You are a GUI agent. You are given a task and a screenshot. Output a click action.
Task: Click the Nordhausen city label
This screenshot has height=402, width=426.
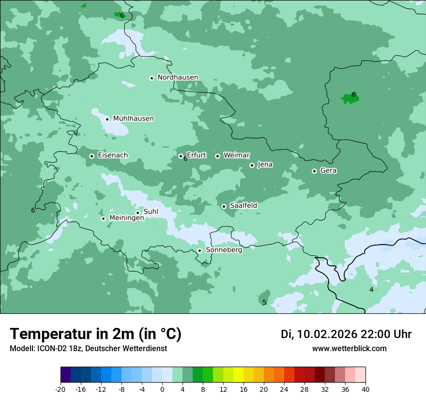[x=178, y=77]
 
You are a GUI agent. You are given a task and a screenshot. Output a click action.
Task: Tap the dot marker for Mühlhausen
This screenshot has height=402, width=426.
[x=107, y=119]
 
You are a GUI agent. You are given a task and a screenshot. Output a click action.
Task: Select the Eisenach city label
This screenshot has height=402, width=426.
[x=113, y=155]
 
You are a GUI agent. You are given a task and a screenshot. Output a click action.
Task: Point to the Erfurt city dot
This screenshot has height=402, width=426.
[x=181, y=156]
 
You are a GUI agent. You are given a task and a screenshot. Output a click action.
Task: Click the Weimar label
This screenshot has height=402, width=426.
[x=236, y=155]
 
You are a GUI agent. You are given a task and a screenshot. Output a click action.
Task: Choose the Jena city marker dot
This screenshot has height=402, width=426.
[x=252, y=165]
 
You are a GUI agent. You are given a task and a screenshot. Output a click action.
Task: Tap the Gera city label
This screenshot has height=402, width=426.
[x=328, y=170]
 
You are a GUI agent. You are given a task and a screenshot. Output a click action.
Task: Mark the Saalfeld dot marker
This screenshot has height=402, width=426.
[x=224, y=206]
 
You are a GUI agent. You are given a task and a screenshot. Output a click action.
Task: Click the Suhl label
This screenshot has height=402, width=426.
[x=151, y=212]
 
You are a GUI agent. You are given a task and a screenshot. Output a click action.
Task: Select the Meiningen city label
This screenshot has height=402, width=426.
[x=126, y=218]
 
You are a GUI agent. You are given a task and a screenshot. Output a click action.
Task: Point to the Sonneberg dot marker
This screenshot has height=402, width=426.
[x=199, y=250]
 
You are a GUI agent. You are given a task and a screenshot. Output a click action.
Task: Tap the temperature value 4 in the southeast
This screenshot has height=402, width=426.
[x=371, y=290]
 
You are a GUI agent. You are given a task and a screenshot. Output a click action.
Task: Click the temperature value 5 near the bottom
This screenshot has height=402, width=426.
[x=264, y=302]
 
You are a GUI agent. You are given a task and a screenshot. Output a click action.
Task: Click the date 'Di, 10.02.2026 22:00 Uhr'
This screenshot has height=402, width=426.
[x=346, y=334]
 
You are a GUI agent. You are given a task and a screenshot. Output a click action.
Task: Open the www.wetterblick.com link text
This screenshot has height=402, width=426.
[x=349, y=348]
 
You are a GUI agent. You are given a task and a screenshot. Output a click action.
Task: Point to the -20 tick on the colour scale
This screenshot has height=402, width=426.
[x=61, y=389]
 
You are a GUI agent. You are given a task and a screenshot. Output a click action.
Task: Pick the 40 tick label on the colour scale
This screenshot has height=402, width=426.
[x=365, y=389]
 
